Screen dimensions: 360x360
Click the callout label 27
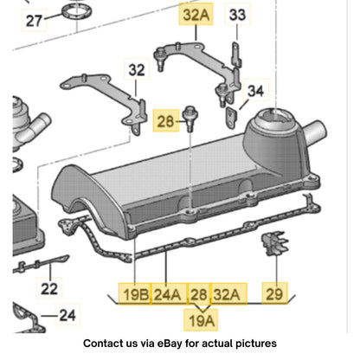(34, 20)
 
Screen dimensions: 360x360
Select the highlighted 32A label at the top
(196, 15)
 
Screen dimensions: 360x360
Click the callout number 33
(237, 15)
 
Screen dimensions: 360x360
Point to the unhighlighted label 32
(137, 69)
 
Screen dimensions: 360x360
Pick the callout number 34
(255, 91)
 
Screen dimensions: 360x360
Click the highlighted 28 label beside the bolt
(165, 121)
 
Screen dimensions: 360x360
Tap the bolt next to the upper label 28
(190, 119)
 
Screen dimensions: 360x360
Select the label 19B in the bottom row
(135, 294)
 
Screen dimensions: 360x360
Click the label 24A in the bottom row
(168, 294)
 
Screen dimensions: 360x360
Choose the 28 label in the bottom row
(200, 294)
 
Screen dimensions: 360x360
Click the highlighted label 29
(274, 293)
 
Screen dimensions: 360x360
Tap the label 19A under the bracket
(201, 320)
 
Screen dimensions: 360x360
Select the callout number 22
(49, 288)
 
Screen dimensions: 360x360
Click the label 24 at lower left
(67, 315)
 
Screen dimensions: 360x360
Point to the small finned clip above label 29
(274, 244)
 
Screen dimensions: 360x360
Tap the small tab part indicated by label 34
(231, 117)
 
